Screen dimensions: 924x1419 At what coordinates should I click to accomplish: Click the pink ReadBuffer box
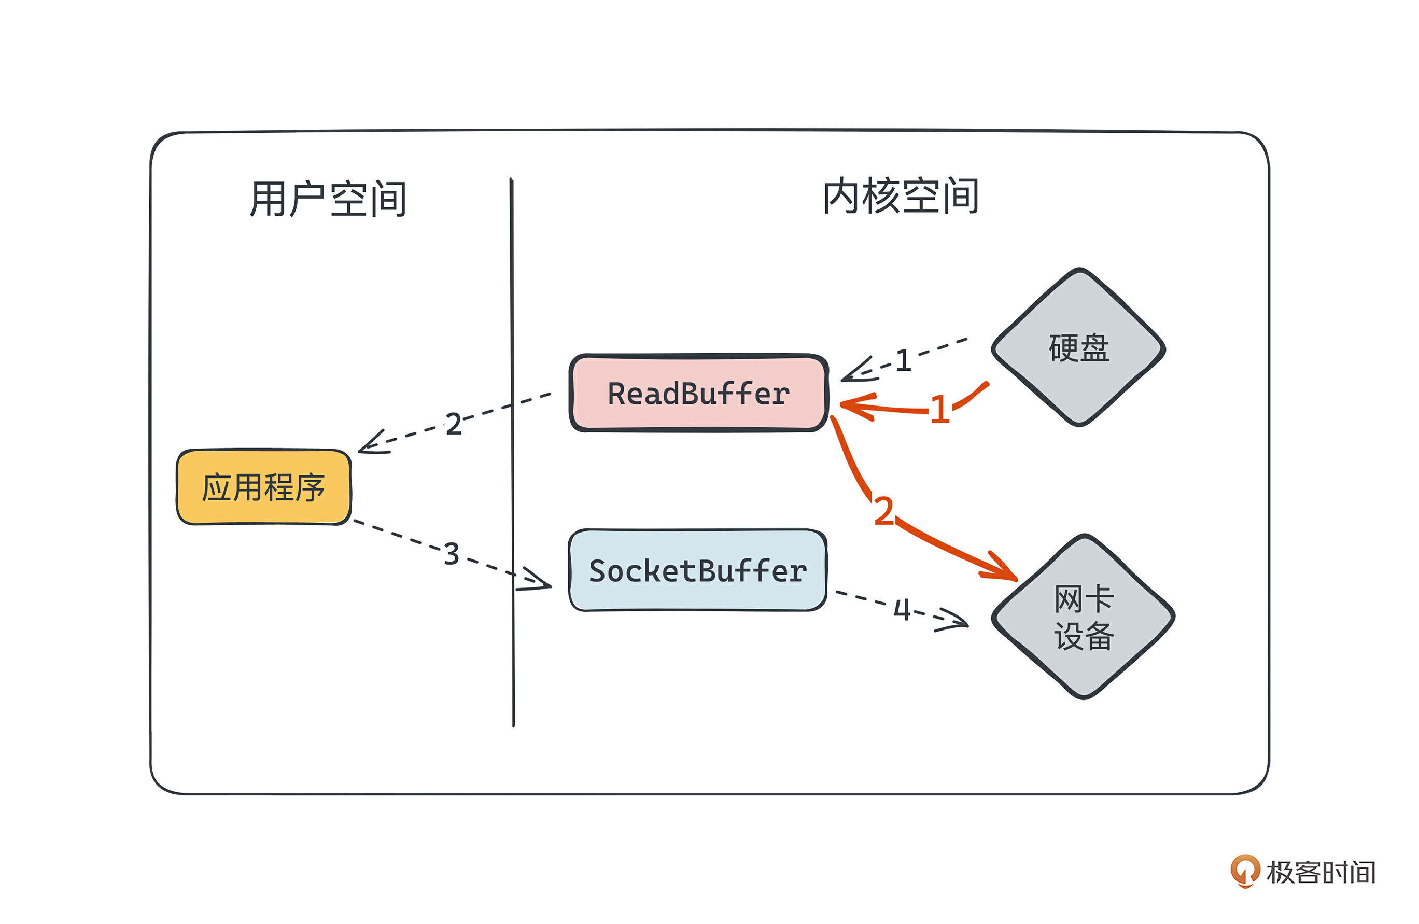click(698, 394)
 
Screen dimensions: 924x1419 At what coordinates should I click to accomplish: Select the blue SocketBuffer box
click(698, 570)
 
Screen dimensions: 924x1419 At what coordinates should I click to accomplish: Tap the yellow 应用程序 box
click(263, 487)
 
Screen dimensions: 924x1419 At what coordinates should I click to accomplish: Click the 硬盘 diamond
click(1078, 347)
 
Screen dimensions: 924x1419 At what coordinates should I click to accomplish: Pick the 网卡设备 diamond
click(1083, 617)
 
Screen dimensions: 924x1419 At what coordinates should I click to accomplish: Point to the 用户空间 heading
click(328, 199)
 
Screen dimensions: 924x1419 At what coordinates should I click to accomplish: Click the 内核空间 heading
click(900, 195)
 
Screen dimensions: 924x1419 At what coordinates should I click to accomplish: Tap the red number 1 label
click(939, 410)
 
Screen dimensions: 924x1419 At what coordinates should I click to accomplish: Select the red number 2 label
click(883, 511)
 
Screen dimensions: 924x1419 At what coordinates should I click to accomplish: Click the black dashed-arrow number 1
click(903, 361)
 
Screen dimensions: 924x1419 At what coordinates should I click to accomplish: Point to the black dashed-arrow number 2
click(454, 424)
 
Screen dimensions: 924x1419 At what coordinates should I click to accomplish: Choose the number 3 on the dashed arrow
click(452, 554)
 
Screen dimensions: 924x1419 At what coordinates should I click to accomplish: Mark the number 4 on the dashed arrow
click(902, 610)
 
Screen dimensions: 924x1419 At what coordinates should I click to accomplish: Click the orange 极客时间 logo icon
click(1245, 872)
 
